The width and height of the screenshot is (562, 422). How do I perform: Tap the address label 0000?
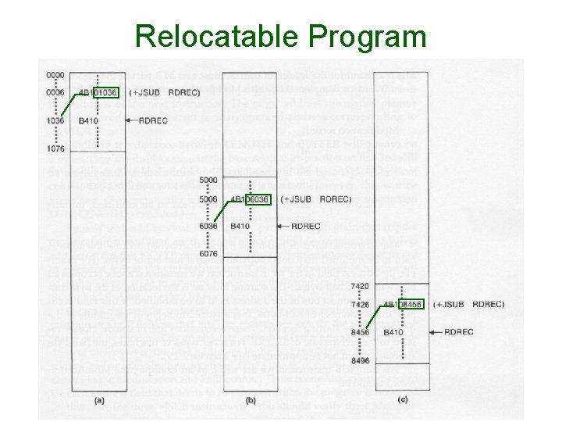coord(55,75)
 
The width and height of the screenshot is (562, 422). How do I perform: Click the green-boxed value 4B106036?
coord(250,199)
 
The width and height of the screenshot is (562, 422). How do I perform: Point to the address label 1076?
coord(55,148)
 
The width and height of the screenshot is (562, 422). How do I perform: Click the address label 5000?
coord(208,181)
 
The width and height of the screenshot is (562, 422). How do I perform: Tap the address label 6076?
coord(208,254)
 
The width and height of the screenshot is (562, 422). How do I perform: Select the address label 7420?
coord(361,286)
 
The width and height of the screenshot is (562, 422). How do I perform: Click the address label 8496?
coord(361,360)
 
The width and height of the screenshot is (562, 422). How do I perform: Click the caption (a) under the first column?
coord(99,400)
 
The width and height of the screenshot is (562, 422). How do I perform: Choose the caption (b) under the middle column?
coord(251,400)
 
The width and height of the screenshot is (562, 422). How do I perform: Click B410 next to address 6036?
coord(240,227)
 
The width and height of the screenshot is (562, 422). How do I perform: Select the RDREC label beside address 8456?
coord(458,332)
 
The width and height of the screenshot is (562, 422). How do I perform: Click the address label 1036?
coord(55,121)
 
